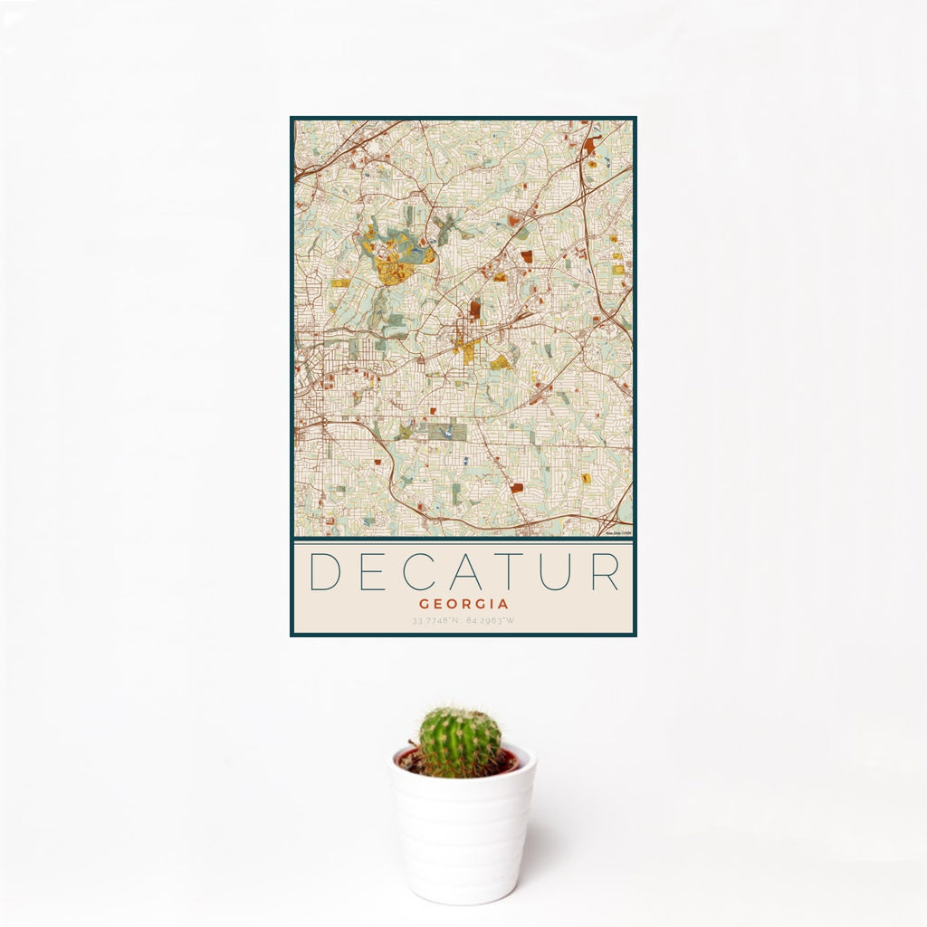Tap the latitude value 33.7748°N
pos(437,621)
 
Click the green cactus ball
pos(459,741)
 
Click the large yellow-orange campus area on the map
pos(393,268)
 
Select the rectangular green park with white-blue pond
pos(445,433)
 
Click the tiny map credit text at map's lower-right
pos(618,533)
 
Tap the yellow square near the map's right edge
pos(618,269)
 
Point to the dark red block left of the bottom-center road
pos(516,488)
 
